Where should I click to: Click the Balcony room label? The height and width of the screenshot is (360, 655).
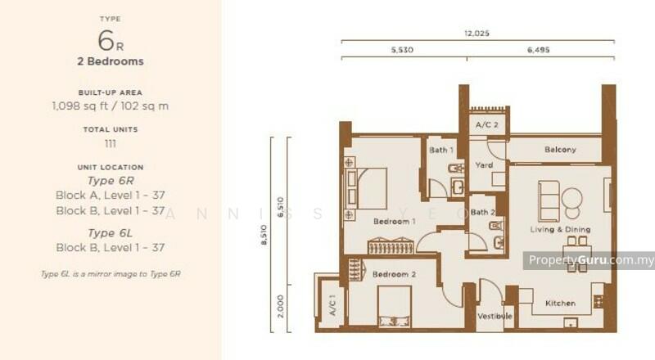[x=560, y=150]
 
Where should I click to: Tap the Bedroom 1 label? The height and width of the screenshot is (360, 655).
[x=395, y=222]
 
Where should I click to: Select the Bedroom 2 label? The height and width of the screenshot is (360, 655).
[x=395, y=275]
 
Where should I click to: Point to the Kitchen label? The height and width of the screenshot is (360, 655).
[x=560, y=304]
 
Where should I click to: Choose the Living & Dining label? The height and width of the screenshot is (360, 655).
[x=559, y=229]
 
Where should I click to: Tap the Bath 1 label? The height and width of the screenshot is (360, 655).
[x=441, y=150]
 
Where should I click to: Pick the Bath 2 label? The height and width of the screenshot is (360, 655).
[x=481, y=213]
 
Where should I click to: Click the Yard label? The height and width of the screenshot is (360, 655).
[x=484, y=165]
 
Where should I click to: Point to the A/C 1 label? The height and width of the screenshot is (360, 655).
[x=332, y=306]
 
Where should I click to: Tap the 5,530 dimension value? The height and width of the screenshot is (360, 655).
[x=403, y=51]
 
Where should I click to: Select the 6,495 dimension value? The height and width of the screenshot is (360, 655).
[x=540, y=51]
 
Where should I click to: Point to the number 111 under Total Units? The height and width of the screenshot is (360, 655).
[x=110, y=144]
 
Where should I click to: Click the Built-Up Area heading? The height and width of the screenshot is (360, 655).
[x=110, y=92]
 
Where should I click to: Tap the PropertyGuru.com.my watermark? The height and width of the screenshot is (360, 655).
[x=589, y=260]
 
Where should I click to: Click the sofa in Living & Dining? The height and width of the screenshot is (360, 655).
[x=549, y=200]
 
